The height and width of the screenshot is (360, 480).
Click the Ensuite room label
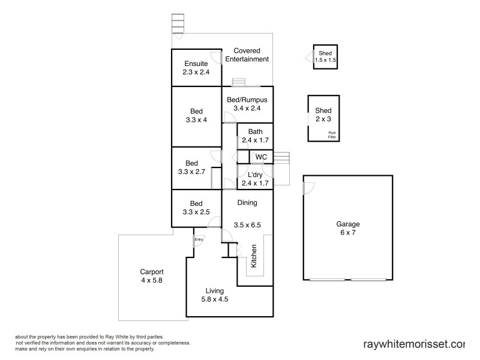coord(196,64)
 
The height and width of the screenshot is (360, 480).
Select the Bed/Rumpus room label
coord(247,100)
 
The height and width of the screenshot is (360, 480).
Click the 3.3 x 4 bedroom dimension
coord(197,120)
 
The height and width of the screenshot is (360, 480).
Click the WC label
coord(260,157)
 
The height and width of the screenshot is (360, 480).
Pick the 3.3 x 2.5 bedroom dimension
coord(197,212)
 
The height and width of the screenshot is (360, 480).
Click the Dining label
coord(247,203)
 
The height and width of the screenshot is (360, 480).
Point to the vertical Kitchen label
coord(254,256)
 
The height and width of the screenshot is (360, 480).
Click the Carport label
coord(152,271)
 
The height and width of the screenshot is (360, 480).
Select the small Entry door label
coord(199,240)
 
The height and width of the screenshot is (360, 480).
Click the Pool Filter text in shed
coord(332,135)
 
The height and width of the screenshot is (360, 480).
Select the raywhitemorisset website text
coord(414,344)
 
